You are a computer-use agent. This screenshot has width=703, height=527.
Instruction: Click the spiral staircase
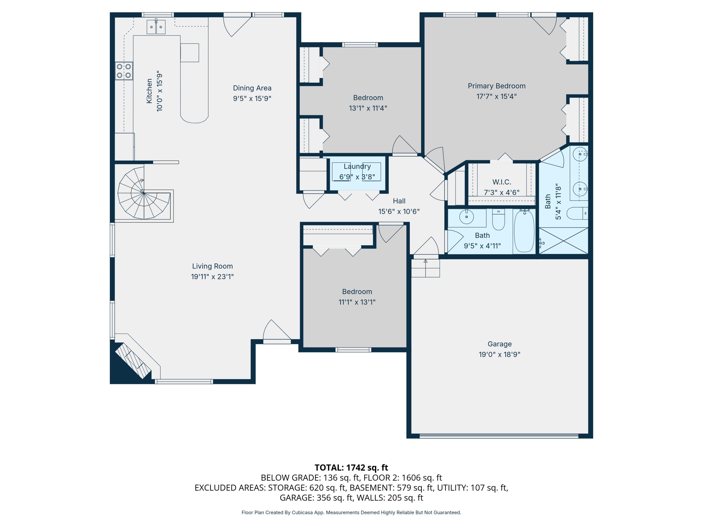click(x=144, y=193)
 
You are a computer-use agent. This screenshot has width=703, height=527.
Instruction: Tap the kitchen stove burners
click(x=124, y=71)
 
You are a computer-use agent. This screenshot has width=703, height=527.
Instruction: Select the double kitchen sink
click(x=156, y=27)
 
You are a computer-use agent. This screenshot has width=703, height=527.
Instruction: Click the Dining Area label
click(x=252, y=88)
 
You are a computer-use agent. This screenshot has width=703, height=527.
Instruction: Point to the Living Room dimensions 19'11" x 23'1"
click(x=212, y=277)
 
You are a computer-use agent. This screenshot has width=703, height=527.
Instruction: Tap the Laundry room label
click(x=357, y=167)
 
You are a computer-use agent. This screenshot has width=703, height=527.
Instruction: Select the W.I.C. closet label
click(x=501, y=182)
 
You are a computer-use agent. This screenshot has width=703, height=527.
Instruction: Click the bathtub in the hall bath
click(x=524, y=231)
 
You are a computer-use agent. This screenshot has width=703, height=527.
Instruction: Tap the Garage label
click(x=500, y=344)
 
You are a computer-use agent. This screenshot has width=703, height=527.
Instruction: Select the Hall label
click(x=399, y=201)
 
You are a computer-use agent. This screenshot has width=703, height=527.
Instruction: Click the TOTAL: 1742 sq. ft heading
click(x=351, y=468)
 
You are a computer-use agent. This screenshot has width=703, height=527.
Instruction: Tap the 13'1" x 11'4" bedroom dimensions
click(x=368, y=108)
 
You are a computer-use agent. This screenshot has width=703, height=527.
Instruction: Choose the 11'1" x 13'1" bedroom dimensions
click(x=357, y=302)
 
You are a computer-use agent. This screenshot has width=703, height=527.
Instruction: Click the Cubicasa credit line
click(x=351, y=512)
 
